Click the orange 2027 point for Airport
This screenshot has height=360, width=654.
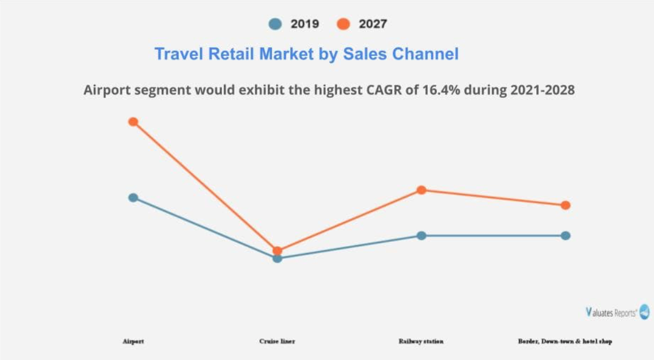click(x=133, y=122)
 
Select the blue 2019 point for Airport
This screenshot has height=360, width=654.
click(x=133, y=198)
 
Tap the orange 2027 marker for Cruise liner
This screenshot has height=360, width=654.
click(x=277, y=250)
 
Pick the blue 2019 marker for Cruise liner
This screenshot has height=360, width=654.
click(x=277, y=259)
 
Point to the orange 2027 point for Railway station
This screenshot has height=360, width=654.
click(x=421, y=190)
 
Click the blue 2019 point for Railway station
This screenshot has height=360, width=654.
click(x=421, y=235)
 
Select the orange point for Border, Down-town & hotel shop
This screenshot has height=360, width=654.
click(x=566, y=205)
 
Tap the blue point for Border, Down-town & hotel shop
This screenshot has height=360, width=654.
click(x=566, y=235)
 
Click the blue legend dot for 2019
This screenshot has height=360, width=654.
click(x=275, y=24)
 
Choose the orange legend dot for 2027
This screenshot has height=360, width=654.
click(x=343, y=24)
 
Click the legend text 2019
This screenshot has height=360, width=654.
click(x=305, y=24)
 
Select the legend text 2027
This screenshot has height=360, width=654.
click(x=373, y=24)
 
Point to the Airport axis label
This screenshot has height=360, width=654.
click(x=133, y=341)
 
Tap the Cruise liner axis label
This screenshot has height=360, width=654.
click(x=277, y=341)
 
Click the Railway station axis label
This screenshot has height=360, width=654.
click(x=421, y=341)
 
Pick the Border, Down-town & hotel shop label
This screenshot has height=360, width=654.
click(x=565, y=341)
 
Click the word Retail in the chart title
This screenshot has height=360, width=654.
click(x=232, y=54)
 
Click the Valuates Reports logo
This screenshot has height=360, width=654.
click(x=617, y=312)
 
